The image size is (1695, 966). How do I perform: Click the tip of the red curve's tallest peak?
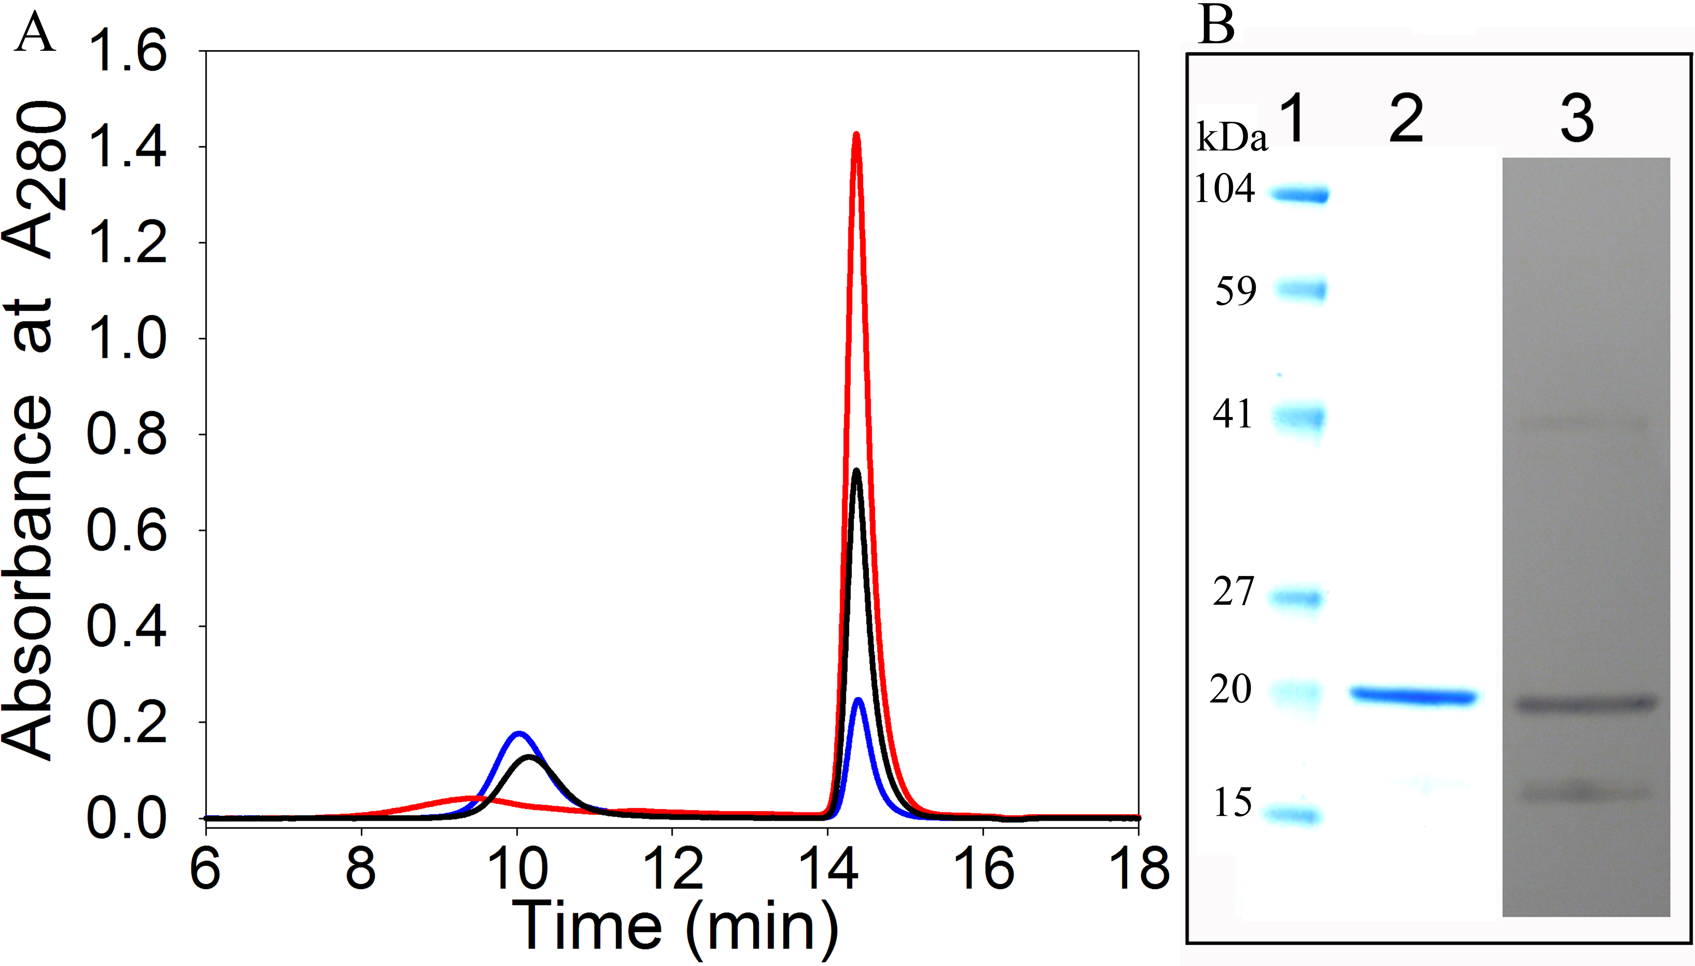click(856, 136)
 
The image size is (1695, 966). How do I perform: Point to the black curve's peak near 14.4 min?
click(856, 471)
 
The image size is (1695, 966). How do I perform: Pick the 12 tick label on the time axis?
click(672, 869)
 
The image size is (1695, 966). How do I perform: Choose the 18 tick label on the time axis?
click(1139, 869)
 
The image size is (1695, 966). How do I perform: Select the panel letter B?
click(1216, 26)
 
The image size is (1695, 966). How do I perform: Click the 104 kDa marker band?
click(1299, 195)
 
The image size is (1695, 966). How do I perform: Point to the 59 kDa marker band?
click(1301, 290)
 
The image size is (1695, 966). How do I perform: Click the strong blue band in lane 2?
click(1414, 696)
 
